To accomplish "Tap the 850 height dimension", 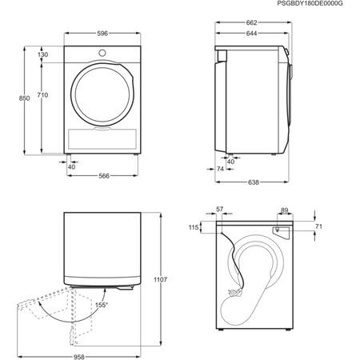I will click(x=24, y=98).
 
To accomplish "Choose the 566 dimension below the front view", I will click(x=100, y=176).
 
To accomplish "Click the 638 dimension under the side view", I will click(x=253, y=182).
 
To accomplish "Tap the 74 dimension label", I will click(x=221, y=170).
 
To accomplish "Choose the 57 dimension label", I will click(x=221, y=210).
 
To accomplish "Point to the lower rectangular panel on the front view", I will click(x=100, y=136).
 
